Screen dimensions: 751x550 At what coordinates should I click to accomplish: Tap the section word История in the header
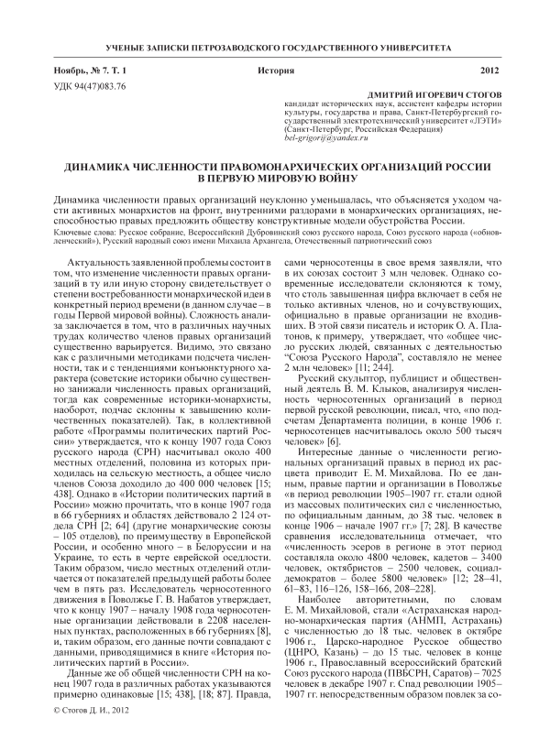coord(276,71)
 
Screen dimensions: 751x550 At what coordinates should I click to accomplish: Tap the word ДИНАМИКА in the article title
coord(104,169)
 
